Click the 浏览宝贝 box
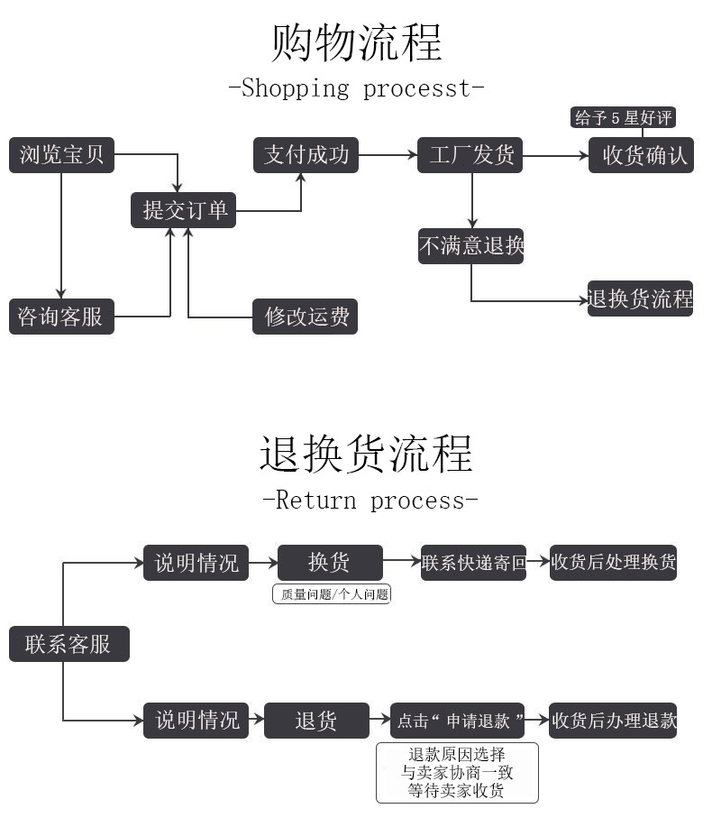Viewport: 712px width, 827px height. coord(62,155)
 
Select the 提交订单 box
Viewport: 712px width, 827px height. coord(184,210)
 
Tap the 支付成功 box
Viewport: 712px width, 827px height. coord(306,155)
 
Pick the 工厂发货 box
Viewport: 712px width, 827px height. coord(470,155)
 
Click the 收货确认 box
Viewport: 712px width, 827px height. coord(641,155)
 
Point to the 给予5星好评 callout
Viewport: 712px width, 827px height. coord(623,117)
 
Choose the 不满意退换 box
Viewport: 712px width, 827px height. coord(470,245)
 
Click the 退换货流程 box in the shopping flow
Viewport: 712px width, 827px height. coord(640,299)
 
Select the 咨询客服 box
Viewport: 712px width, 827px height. coord(62,317)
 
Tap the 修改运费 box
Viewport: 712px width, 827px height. coord(306,317)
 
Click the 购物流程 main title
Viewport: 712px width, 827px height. coord(357,42)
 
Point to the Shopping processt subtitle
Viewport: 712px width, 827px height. coord(356,88)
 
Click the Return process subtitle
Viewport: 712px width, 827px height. coord(370,500)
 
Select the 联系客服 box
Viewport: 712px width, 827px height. coord(69,644)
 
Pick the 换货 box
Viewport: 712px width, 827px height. coord(330,563)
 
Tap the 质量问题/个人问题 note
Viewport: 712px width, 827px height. coord(332,594)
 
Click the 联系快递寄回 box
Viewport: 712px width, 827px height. coord(473,563)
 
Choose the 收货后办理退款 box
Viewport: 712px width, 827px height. coord(613,721)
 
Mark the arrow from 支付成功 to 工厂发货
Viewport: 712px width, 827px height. coord(388,155)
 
